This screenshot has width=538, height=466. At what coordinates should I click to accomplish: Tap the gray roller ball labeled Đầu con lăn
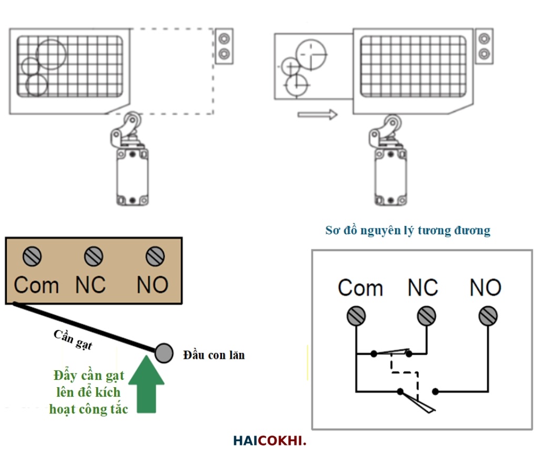tap(164, 353)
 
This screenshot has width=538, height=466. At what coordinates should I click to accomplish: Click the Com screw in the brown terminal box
tap(33, 256)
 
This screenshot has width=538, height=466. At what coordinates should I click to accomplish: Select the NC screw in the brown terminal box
tap(93, 256)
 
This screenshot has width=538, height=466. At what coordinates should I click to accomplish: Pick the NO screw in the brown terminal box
tap(155, 256)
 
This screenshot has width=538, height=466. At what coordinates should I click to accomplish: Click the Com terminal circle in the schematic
tap(356, 316)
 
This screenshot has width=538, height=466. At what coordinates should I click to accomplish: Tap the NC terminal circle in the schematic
tap(426, 316)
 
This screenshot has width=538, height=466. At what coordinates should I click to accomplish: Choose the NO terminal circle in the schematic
tap(488, 316)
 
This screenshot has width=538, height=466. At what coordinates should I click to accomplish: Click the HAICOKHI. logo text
tap(269, 441)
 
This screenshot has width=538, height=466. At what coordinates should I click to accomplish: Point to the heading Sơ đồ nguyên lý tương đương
tap(408, 230)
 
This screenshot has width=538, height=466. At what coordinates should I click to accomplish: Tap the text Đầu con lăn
tap(214, 356)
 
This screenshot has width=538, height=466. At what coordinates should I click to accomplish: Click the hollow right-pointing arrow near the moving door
tap(317, 114)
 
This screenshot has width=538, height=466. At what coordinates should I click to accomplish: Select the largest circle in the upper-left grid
tap(50, 55)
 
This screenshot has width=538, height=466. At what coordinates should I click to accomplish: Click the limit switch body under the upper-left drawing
tap(132, 177)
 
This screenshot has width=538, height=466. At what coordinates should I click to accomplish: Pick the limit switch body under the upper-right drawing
tap(390, 177)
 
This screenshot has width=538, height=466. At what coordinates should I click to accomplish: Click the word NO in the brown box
tap(153, 285)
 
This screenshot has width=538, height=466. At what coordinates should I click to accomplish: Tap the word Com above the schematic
tap(360, 288)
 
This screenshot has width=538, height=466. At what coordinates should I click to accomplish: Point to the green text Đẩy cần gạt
tap(89, 376)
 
